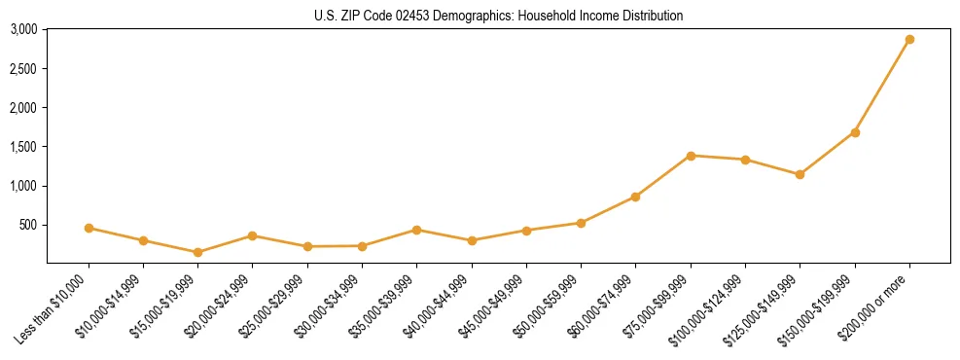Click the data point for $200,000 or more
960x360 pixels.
[909, 40]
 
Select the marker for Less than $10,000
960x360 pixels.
[89, 228]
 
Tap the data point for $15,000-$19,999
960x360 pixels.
[197, 252]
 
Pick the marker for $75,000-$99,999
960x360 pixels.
[691, 156]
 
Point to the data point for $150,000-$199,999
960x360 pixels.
[855, 132]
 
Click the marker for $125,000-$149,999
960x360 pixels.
[800, 174]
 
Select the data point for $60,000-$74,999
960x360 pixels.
[635, 197]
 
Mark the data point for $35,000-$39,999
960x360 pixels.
[416, 230]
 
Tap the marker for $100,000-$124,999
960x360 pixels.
[745, 160]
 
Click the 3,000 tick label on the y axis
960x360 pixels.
[23, 29]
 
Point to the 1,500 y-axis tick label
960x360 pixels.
[23, 147]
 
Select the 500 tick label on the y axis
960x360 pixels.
[28, 225]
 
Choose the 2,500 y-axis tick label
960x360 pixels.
[23, 69]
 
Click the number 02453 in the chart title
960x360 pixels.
[410, 16]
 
